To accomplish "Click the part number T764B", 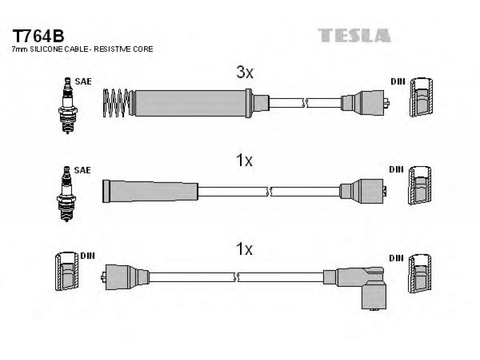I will pos(38,34).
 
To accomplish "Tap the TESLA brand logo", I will pos(355,35).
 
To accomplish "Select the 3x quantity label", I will pos(244,73).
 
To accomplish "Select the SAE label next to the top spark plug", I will pos(83,82).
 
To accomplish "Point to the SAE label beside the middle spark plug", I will pos(83,170).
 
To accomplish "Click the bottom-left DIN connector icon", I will pos(65,273).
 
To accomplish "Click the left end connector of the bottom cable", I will pos(125,277).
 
